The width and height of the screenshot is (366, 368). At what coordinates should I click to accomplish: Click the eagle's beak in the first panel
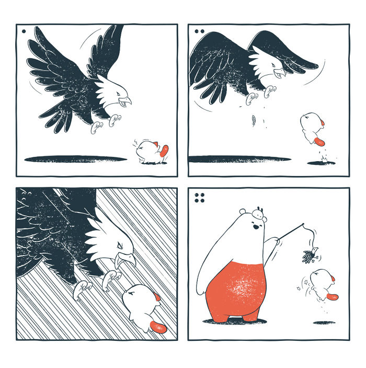(x=126, y=100)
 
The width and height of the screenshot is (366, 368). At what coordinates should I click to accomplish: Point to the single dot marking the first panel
(x=24, y=31)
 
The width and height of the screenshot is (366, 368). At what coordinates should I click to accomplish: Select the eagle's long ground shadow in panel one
(x=76, y=159)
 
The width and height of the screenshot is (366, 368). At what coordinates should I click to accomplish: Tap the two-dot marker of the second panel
(x=199, y=31)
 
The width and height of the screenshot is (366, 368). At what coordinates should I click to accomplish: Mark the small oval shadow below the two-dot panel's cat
(x=321, y=163)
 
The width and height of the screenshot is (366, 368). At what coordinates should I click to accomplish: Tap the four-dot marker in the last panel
(x=199, y=197)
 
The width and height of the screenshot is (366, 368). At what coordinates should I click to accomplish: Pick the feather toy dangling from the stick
(x=311, y=255)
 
